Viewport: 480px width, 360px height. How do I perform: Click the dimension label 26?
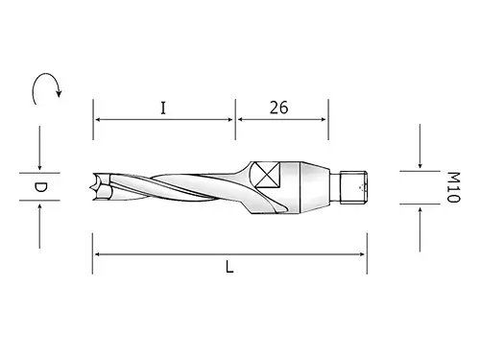tap(278, 108)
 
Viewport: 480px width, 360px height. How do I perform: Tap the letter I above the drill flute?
tap(163, 108)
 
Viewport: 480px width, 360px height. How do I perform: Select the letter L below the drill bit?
tap(229, 267)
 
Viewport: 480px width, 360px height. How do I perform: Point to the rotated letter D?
tap(40, 187)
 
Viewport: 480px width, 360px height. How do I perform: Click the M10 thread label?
tap(453, 187)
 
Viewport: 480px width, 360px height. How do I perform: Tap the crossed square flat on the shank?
tap(268, 175)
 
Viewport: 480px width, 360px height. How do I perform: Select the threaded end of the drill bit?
tap(353, 187)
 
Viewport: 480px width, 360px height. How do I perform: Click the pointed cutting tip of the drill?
tap(94, 187)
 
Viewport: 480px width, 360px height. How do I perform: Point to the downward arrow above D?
tap(39, 148)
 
